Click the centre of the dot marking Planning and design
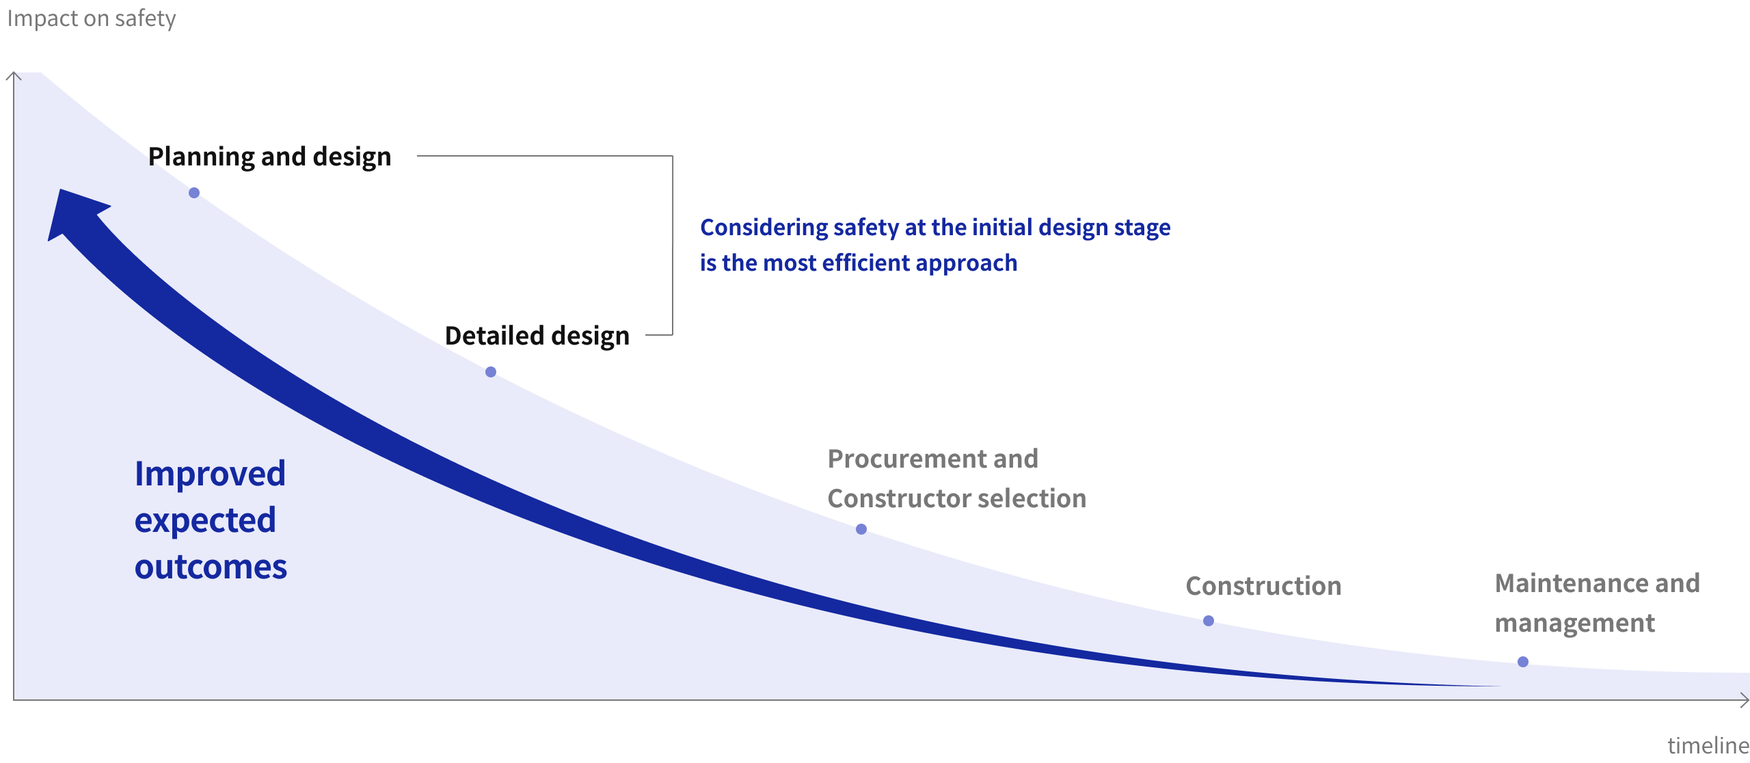[x=194, y=193]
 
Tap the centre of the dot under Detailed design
[x=491, y=372]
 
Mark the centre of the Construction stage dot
[x=1209, y=621]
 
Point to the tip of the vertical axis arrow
[x=14, y=72]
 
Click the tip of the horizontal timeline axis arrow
[x=1749, y=699]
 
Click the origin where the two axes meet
[x=14, y=699]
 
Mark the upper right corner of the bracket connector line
[x=673, y=156]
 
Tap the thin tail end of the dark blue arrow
[x=1500, y=686]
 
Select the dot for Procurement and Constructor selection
[x=861, y=529]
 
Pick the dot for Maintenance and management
[x=1523, y=662]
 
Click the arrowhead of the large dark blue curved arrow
[x=74, y=212]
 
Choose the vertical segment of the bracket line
[x=673, y=245]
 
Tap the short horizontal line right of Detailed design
[x=659, y=335]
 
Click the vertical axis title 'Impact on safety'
[x=92, y=18]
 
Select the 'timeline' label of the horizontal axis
[x=1708, y=745]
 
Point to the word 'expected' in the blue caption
[x=205, y=521]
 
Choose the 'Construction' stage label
[x=1263, y=586]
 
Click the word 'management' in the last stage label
[x=1575, y=624]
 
